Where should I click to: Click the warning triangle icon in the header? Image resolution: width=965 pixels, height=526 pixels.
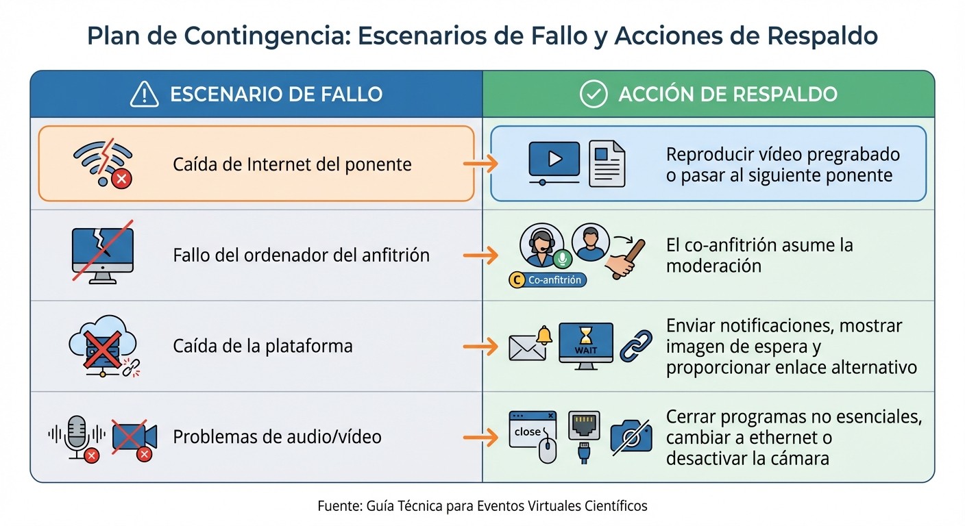pos(145,95)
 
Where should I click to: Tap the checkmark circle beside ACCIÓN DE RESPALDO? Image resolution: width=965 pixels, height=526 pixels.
pos(594,95)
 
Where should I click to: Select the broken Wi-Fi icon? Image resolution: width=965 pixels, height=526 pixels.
pos(102,163)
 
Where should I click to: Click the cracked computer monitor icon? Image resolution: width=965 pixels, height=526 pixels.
pos(103,253)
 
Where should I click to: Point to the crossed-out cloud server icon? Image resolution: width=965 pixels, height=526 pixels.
pos(97,345)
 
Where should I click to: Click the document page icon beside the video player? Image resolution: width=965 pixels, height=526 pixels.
pos(607,163)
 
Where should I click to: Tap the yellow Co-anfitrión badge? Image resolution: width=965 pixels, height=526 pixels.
pos(548,279)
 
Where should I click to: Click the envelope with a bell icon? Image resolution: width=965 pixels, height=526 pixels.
pos(530,344)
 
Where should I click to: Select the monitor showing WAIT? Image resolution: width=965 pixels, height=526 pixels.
pos(586,345)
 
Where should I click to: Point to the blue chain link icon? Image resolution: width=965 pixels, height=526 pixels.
pos(636,347)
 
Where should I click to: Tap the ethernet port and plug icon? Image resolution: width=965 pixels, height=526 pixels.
pos(584,436)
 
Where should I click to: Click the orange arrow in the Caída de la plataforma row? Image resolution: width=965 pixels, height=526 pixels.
pos(480,346)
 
